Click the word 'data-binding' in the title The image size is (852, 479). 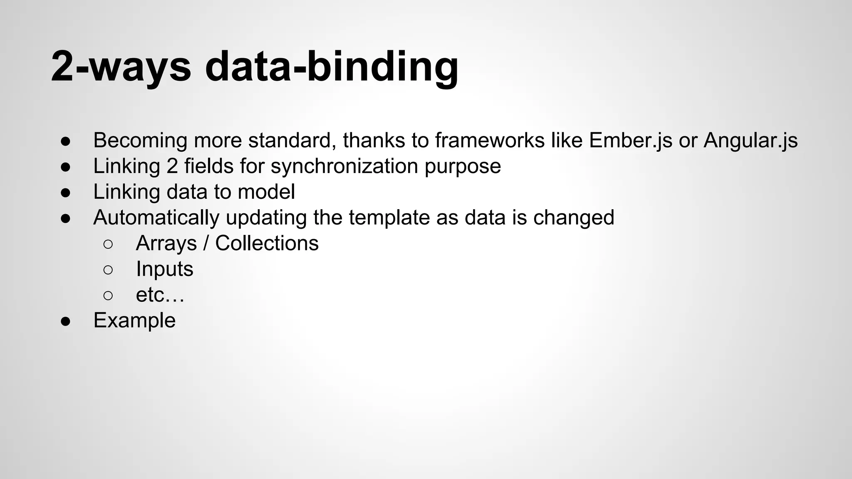click(x=332, y=67)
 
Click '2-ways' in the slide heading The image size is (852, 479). click(x=121, y=67)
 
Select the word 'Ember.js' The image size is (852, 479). click(x=630, y=141)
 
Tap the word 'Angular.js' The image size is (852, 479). click(x=750, y=141)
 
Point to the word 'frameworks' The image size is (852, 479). click(x=490, y=141)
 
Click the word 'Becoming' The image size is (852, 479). click(x=140, y=141)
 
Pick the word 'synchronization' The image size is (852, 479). click(x=344, y=166)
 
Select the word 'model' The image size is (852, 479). click(x=266, y=192)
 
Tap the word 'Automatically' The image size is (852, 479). click(x=156, y=218)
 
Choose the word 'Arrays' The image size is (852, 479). click(x=166, y=244)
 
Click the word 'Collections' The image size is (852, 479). click(x=267, y=244)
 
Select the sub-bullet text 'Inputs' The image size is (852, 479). click(x=164, y=269)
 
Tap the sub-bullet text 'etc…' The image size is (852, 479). click(x=160, y=295)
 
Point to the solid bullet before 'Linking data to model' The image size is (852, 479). click(x=66, y=193)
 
